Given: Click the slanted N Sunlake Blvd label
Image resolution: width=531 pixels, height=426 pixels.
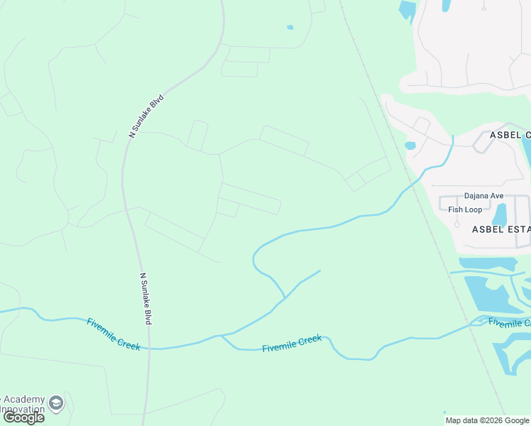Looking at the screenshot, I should (x=146, y=116).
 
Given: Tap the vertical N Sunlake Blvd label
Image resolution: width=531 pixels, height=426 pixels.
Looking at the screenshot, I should (x=146, y=298).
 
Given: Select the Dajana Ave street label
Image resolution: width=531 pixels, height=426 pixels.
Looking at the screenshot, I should (x=483, y=196).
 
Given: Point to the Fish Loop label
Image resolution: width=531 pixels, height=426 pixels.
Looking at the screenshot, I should (x=465, y=209).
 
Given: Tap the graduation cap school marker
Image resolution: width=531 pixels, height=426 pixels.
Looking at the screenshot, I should (x=56, y=404).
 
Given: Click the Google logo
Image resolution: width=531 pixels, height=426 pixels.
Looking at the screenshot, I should (x=23, y=417).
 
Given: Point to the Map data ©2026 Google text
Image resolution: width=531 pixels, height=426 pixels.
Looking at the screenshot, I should (x=487, y=420).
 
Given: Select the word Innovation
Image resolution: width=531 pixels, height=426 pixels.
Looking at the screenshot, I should (x=21, y=410).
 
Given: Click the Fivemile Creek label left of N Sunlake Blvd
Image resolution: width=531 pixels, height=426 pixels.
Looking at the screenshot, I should (x=114, y=334).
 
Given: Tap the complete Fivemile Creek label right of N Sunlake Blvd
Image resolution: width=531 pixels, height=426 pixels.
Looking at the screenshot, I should (x=292, y=344).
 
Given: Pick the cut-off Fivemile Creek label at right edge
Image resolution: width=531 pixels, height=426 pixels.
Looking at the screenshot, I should (x=509, y=323).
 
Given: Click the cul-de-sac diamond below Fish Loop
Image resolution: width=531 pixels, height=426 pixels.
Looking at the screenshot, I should (x=456, y=224).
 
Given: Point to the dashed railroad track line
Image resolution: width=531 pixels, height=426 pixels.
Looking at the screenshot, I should (x=426, y=213).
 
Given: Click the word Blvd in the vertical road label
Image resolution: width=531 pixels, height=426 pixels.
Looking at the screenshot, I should (x=148, y=314).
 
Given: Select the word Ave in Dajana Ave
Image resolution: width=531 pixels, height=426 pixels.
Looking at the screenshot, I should (x=496, y=196).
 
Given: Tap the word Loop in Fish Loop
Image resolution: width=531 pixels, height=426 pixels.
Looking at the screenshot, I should (x=473, y=209).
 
